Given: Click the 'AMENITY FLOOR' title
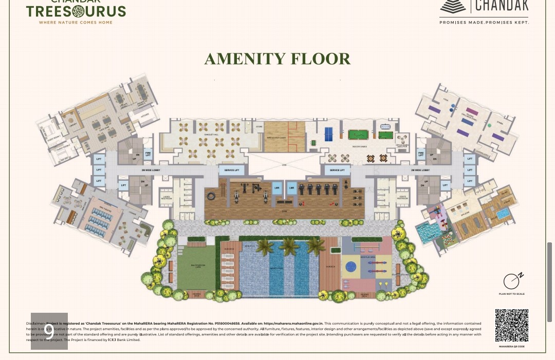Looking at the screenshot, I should [277, 59].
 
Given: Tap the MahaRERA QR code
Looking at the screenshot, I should [511, 326].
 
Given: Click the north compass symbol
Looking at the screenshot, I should [512, 281].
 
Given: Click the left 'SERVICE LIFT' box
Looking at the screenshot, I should [232, 170].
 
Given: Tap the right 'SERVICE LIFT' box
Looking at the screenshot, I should [337, 170].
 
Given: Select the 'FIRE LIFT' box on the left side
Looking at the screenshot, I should [147, 154].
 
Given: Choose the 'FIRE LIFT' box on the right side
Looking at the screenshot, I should [421, 154].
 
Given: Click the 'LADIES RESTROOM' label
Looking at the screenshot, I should [166, 197].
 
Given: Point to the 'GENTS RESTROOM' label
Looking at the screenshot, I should [402, 197].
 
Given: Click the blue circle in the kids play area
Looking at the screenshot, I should [351, 267].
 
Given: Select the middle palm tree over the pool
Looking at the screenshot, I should [289, 246].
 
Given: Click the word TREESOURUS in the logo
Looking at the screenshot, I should [76, 11].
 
